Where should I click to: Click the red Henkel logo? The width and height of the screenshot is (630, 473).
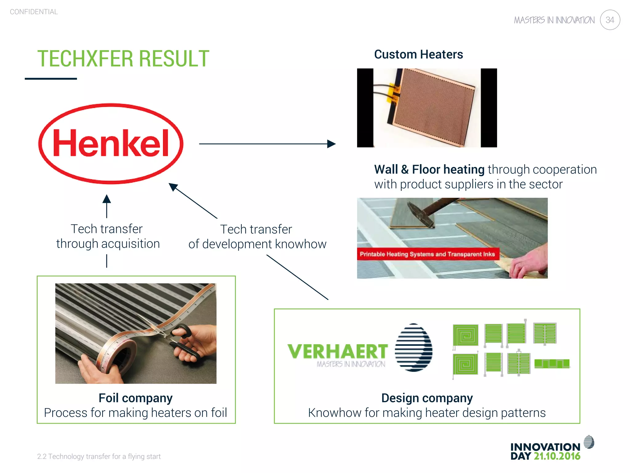(111, 144)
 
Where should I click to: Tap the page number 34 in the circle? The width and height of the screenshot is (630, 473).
(610, 20)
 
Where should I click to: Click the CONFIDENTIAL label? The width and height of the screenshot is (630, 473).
(34, 12)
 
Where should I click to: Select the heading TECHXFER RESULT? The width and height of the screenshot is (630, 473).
(123, 59)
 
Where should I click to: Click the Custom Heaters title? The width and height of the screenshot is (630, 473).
(418, 55)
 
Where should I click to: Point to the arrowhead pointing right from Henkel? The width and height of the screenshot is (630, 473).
(332, 144)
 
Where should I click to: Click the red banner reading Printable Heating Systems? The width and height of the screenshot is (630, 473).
(428, 254)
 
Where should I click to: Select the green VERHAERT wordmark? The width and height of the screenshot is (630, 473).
(337, 352)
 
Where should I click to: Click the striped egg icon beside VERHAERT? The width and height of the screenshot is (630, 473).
(413, 347)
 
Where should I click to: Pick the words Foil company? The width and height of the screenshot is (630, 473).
(136, 398)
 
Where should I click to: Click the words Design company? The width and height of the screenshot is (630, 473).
(427, 398)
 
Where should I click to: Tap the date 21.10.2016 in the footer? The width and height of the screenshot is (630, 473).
(557, 456)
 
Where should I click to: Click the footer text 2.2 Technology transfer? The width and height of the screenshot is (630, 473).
(99, 456)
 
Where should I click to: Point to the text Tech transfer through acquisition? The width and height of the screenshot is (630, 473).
(108, 236)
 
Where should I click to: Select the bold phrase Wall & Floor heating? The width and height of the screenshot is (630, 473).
(429, 169)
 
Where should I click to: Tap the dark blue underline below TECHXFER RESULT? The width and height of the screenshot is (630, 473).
(51, 79)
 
